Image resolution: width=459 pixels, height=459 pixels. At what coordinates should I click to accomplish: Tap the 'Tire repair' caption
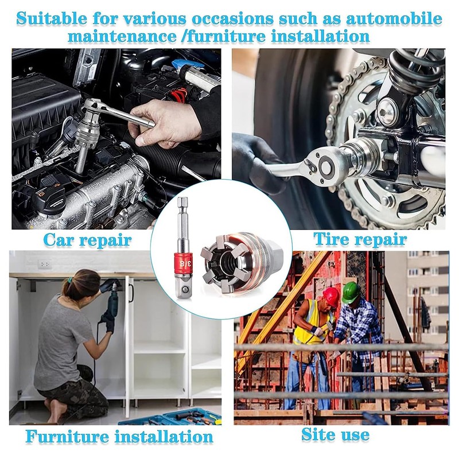point(360,238)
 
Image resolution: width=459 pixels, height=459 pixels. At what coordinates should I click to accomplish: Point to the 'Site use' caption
point(335,434)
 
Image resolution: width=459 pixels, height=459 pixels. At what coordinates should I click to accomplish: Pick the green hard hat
point(350,291)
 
